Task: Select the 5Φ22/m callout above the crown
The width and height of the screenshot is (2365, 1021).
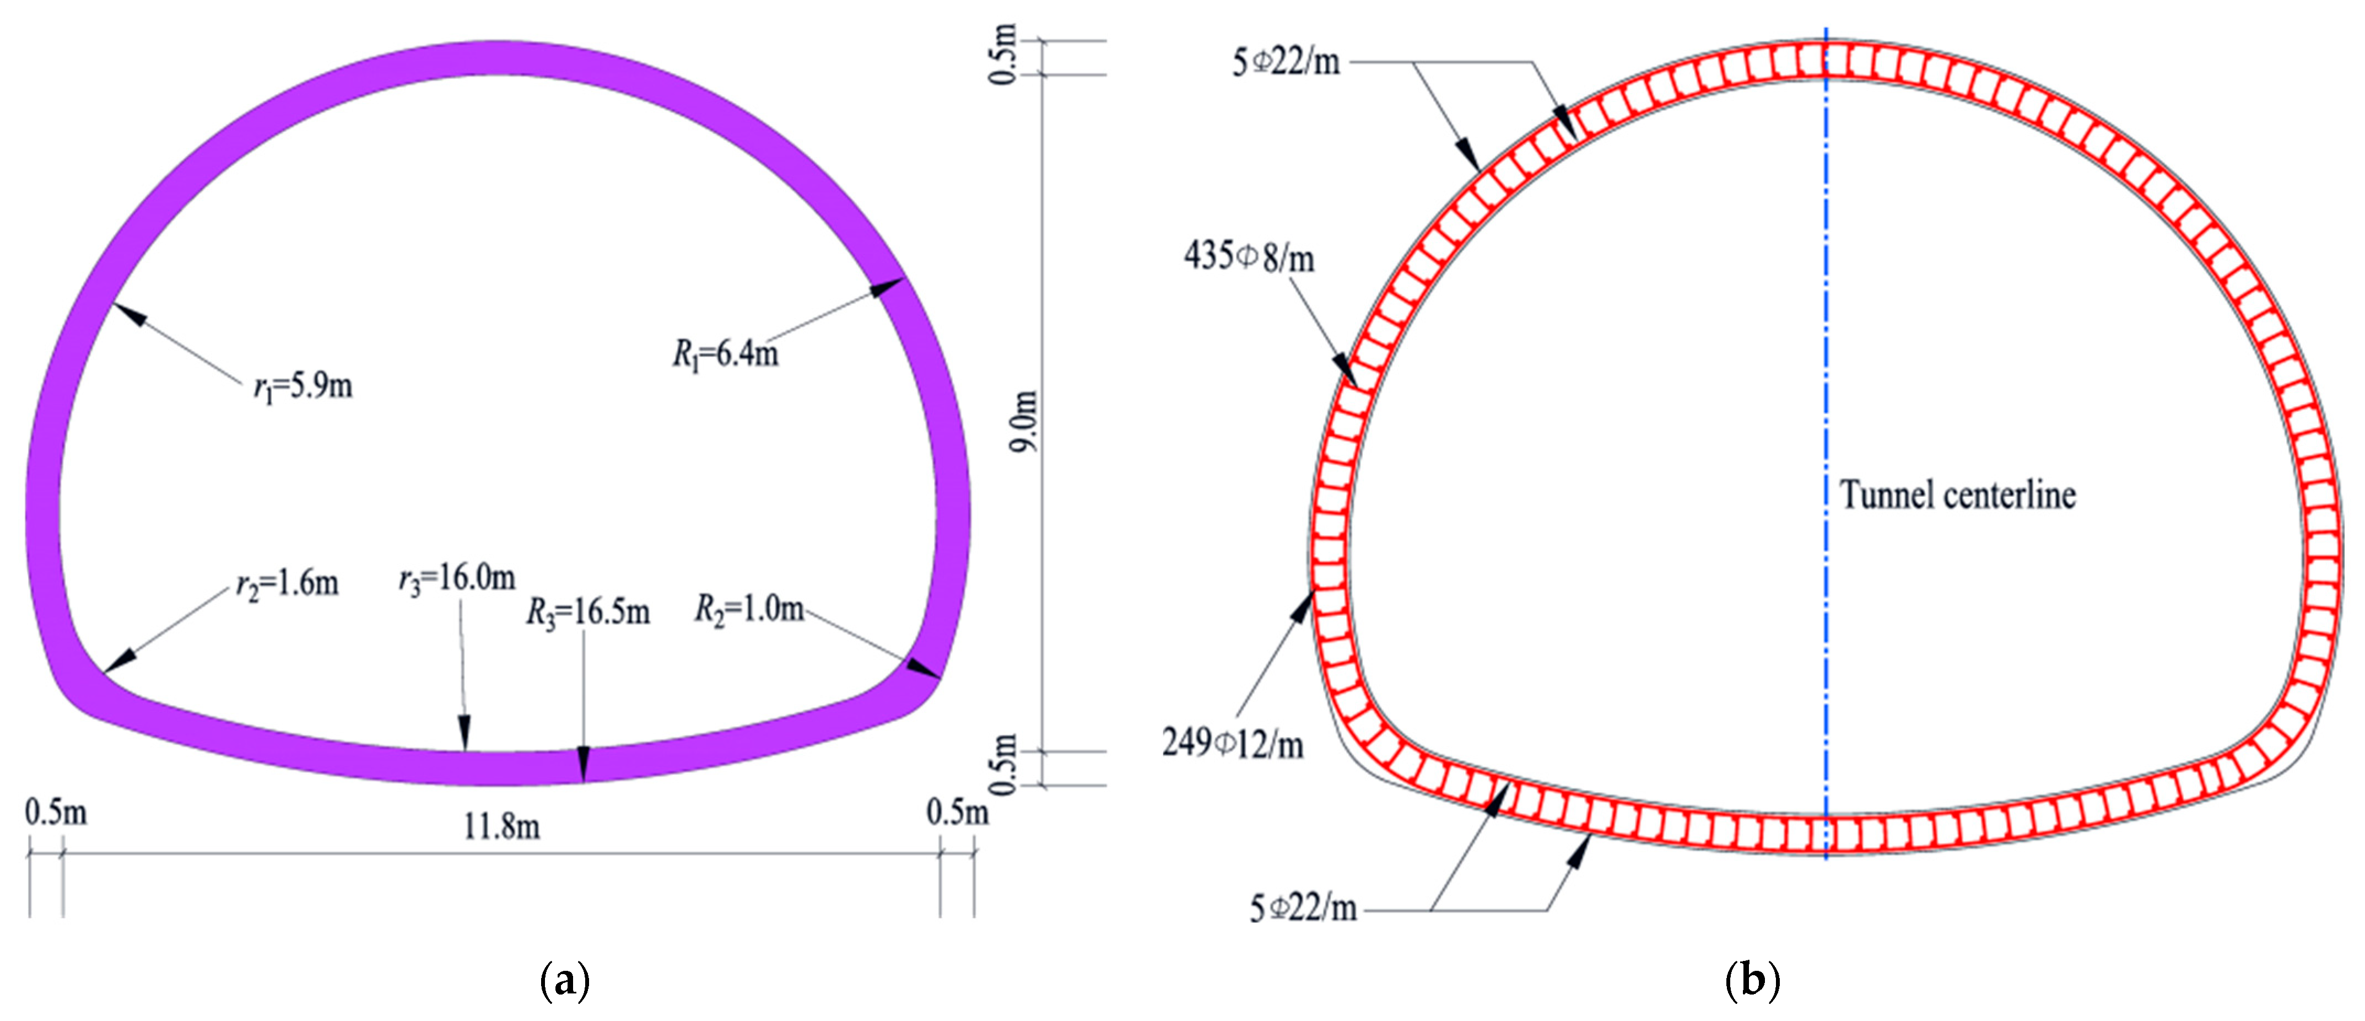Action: point(1286,62)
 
